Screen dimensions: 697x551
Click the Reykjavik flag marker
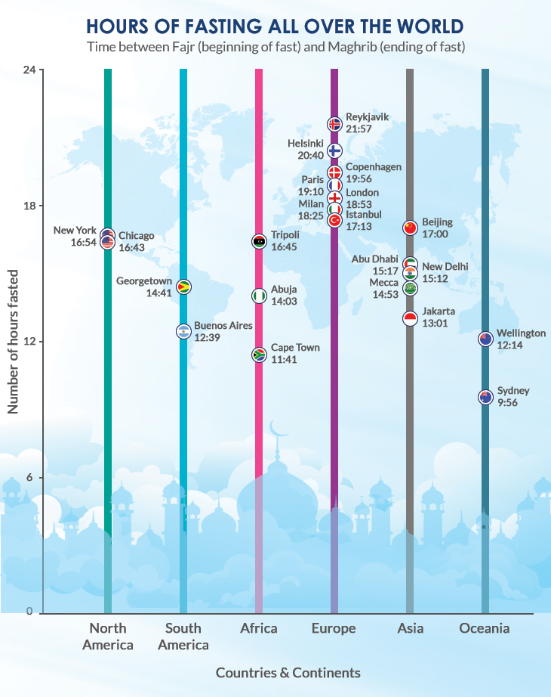334,124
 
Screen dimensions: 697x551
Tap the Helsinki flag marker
334,150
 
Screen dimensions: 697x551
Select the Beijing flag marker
410,228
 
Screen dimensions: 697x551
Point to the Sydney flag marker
485,397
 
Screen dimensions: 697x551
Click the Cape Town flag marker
259,354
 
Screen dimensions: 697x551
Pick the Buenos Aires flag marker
183,331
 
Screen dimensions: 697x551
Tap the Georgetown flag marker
183,287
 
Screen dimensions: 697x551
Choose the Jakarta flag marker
410,318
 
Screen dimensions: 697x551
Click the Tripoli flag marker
259,241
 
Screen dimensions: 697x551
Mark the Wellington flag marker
485,339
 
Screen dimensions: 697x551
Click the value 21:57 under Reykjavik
359,129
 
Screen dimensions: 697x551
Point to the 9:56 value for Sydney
508,403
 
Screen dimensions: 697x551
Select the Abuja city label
284,289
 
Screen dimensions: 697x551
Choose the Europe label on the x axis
334,628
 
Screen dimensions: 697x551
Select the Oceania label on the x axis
485,628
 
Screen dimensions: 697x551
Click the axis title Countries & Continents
288,672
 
